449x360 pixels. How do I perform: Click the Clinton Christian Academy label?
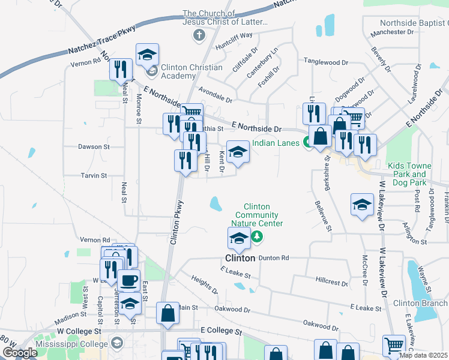tap(190, 72)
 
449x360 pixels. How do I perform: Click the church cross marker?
tap(199, 35)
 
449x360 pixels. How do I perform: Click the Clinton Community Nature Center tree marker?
tap(258, 236)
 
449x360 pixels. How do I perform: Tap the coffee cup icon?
tap(128, 280)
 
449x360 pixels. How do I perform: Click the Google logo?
tap(19, 353)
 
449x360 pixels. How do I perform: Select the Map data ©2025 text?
tap(424, 355)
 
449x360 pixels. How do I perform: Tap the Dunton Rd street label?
tap(276, 257)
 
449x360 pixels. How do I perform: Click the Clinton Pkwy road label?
tap(175, 222)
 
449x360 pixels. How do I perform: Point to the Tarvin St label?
tap(94, 176)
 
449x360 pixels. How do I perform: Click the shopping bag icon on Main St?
tap(167, 314)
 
